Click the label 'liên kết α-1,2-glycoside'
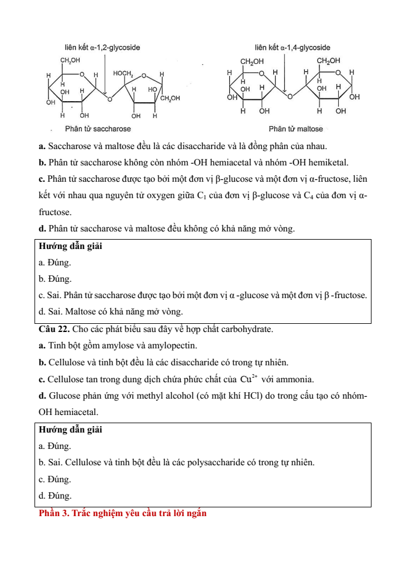tap(102, 47)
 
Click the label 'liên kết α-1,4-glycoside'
tap(292, 47)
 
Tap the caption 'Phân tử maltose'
tap(295, 129)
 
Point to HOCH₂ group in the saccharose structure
tap(123, 74)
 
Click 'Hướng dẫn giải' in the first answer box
tap(70, 246)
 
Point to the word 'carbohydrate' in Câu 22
tap(249, 329)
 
